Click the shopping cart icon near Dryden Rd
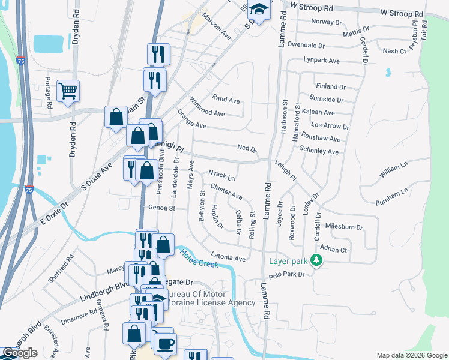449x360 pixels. point(68,91)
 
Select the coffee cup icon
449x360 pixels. point(165,343)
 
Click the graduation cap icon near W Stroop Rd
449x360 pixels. point(259,10)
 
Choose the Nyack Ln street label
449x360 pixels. point(221,175)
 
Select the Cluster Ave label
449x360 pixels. point(226,193)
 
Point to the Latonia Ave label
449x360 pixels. point(228,258)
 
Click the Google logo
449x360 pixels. point(20,353)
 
